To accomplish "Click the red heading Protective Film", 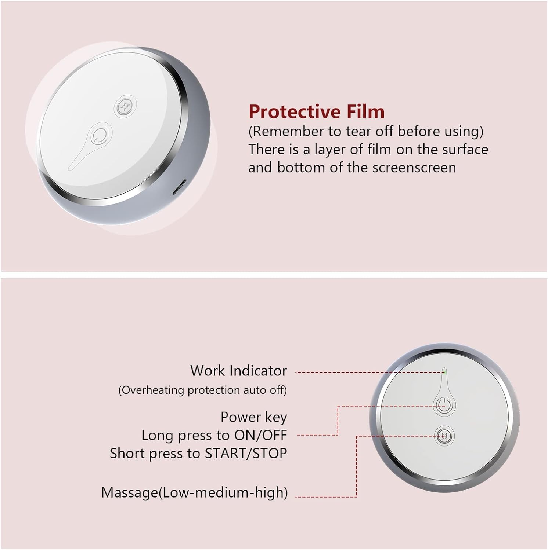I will click(x=316, y=111).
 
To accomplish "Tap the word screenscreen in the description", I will click(x=414, y=168).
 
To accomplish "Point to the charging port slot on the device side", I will click(x=179, y=187).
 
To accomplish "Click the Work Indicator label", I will click(x=238, y=371).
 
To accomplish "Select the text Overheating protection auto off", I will click(x=202, y=390).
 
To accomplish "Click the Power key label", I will click(x=253, y=417).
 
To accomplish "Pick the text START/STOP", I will click(x=245, y=454).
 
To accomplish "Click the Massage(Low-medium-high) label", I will click(x=194, y=492).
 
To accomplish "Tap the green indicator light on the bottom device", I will click(x=444, y=371).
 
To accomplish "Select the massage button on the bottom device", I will click(x=444, y=436).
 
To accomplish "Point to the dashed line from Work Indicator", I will click(x=367, y=373).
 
